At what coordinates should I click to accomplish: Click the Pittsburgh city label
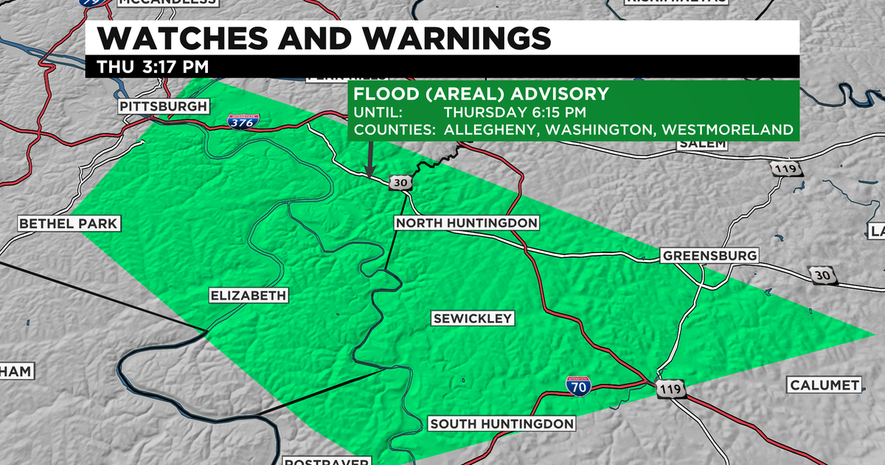[x=164, y=107]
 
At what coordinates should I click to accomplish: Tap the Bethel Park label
[x=69, y=223]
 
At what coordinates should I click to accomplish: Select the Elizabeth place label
[x=247, y=296]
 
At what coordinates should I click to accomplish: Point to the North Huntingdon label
[x=466, y=223]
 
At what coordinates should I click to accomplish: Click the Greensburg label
[x=709, y=256]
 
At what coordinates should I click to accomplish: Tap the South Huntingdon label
[x=502, y=424]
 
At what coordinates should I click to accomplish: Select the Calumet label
[x=825, y=385]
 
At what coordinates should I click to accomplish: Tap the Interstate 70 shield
[x=578, y=386]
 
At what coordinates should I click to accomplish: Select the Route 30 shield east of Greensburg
[x=820, y=275]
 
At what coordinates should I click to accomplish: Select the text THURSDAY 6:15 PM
[x=513, y=113]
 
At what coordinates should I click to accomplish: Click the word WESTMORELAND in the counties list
[x=727, y=130]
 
